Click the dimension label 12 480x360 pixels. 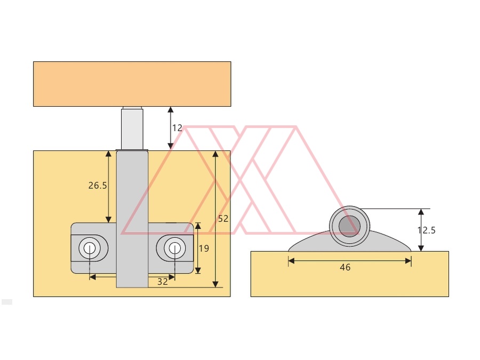(x=177, y=128)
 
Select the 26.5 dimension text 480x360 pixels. (x=98, y=186)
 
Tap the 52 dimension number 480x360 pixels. (x=223, y=219)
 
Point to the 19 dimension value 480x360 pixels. (x=204, y=248)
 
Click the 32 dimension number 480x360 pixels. (x=163, y=282)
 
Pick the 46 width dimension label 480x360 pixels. (x=345, y=267)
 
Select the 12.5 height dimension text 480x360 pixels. (x=427, y=230)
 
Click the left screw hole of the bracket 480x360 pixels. (x=90, y=248)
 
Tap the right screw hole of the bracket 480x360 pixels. (x=174, y=248)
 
